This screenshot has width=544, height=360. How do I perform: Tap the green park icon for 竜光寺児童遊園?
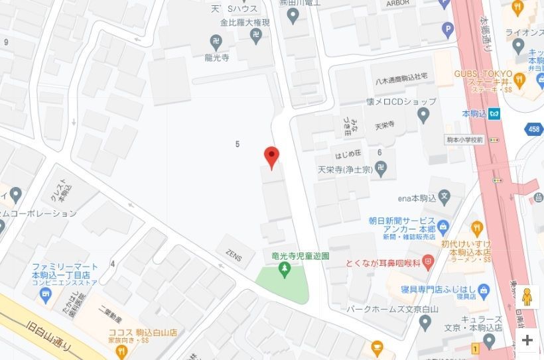[285, 268]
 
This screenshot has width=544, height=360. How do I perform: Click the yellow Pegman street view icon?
[527, 296]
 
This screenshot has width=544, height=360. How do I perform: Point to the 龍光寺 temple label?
[216, 58]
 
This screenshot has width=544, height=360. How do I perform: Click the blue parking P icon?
[448, 29]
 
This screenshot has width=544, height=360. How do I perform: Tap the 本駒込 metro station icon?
[494, 113]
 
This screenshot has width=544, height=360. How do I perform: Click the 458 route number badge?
[535, 130]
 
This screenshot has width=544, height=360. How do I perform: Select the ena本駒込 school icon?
[444, 197]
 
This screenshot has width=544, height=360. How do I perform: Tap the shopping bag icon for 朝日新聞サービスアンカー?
[444, 225]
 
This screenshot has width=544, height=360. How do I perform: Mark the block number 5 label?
[237, 144]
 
